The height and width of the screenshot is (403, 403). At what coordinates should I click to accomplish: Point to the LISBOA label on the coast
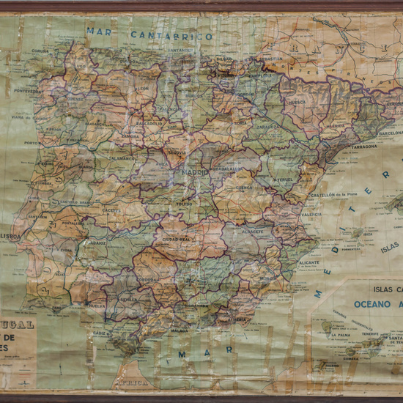11,237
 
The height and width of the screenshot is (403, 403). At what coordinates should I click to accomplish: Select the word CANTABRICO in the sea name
171,35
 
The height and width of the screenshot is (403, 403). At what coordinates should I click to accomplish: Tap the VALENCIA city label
311,214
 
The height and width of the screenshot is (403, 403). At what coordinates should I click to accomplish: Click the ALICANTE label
309,262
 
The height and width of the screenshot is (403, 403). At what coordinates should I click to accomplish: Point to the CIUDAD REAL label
177,238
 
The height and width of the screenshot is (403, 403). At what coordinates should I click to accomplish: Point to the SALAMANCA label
122,158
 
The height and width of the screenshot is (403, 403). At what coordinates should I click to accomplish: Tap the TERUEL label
282,179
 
